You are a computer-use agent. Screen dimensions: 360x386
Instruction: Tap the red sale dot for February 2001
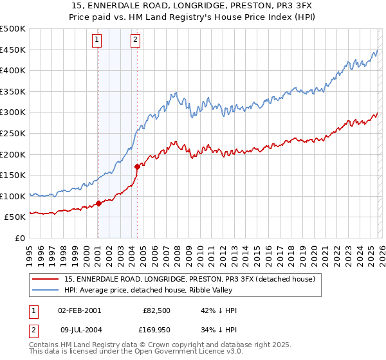(98, 203)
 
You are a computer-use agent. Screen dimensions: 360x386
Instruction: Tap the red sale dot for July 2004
(137, 166)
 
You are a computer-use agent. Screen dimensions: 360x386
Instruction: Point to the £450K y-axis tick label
(13, 50)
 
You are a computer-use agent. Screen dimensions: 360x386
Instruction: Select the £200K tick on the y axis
(13, 154)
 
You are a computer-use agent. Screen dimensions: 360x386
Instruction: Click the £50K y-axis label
(15, 217)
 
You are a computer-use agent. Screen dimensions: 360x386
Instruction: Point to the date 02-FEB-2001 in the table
(79, 310)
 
